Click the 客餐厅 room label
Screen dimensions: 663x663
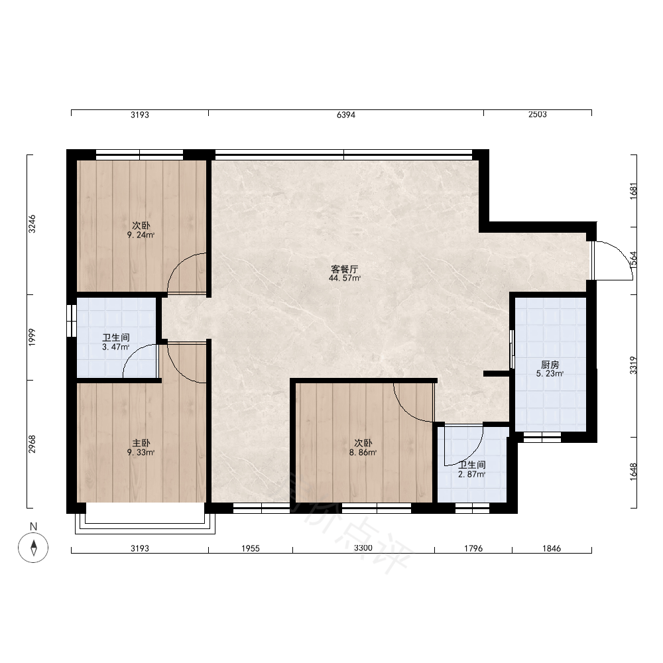click(344, 269)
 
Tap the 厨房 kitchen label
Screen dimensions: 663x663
click(550, 365)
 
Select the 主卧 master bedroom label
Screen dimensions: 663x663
click(141, 443)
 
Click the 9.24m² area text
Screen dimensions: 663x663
click(141, 235)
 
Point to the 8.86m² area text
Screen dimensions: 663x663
click(363, 452)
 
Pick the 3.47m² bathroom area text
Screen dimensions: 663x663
click(116, 347)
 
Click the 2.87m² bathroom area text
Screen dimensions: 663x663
click(472, 475)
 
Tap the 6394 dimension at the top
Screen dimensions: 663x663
click(346, 115)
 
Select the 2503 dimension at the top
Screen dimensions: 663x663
click(538, 114)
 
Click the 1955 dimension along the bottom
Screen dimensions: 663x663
click(251, 548)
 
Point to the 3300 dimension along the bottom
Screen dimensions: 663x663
click(363, 548)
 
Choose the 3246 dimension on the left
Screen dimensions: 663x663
click(32, 224)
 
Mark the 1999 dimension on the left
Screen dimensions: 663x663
click(32, 337)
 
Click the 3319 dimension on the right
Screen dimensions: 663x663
click(633, 365)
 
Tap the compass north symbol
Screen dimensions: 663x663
click(33, 548)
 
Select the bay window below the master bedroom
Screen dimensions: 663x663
click(145, 518)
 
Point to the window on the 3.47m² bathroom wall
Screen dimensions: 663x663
click(72, 320)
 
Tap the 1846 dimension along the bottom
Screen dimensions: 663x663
click(552, 548)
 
